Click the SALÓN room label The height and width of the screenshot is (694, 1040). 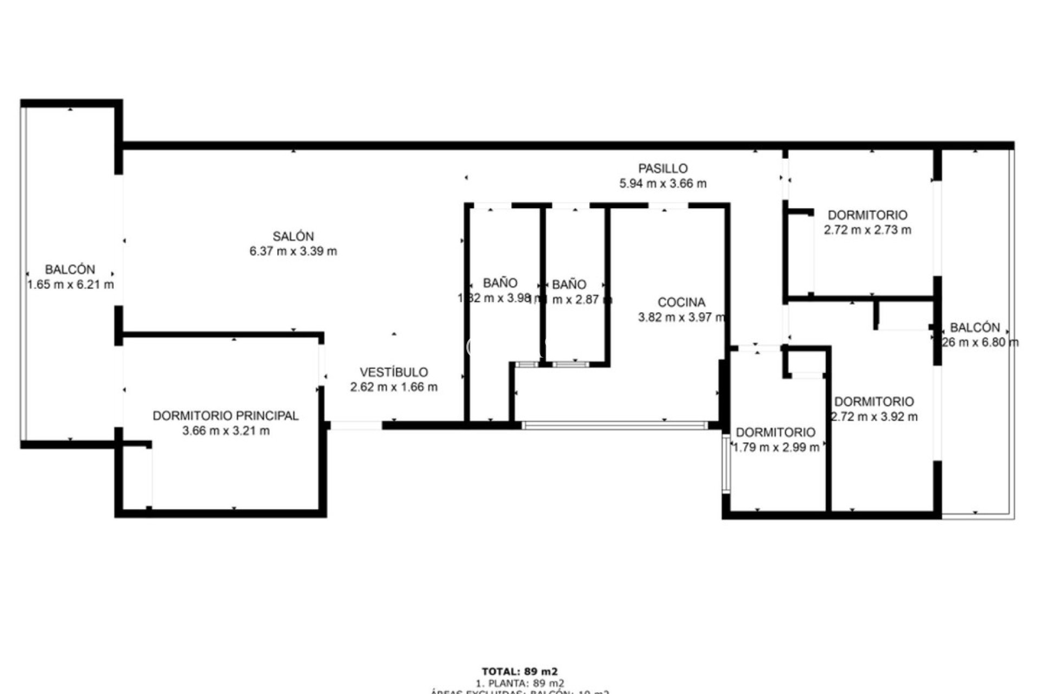coord(293,236)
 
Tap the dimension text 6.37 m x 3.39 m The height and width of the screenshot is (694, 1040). coord(293,251)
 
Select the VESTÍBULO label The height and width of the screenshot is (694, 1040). coord(394,372)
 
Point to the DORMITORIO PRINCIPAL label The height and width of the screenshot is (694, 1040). coord(225,416)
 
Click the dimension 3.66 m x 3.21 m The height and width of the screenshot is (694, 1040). coord(226,431)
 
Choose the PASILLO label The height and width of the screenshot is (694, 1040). coord(662,169)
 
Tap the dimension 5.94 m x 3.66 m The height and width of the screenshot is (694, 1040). coord(662,183)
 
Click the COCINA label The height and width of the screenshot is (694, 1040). coord(681,303)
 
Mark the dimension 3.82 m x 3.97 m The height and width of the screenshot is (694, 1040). coord(681,318)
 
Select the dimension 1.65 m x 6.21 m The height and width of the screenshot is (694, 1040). coord(70,285)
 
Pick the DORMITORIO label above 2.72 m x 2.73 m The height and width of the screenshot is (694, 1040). coord(867,215)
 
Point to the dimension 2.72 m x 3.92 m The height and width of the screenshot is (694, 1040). coord(874,417)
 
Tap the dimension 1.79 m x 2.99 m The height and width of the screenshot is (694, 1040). coord(776,447)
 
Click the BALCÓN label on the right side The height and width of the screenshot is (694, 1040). coord(975,327)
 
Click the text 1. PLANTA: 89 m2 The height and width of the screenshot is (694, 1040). coord(519,684)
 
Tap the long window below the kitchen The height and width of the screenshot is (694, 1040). coord(615,426)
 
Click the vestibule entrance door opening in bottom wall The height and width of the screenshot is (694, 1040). coord(356,426)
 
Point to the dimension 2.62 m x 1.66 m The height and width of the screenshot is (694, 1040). coord(394,387)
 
